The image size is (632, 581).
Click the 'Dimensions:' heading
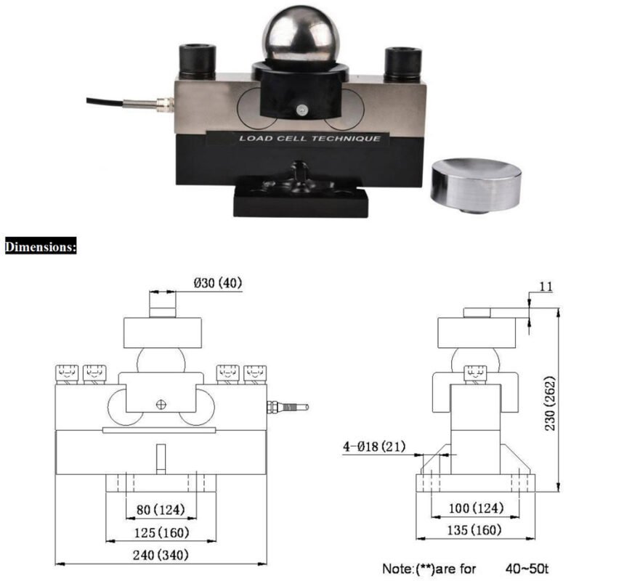[41, 247]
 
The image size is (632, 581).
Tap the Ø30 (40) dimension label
[218, 284]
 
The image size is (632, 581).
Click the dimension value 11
[545, 287]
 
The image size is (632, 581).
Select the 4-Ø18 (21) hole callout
[373, 446]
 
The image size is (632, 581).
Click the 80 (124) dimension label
[162, 511]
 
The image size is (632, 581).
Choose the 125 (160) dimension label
[162, 532]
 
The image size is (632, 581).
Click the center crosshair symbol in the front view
[161, 404]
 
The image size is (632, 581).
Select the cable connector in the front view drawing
[288, 407]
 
